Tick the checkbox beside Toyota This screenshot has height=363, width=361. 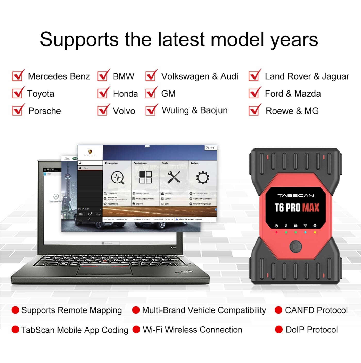18,93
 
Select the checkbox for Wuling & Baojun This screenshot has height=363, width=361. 151,110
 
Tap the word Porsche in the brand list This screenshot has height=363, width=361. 45,111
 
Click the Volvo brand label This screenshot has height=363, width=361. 124,111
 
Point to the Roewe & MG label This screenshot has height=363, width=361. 292,111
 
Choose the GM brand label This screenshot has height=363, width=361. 168,93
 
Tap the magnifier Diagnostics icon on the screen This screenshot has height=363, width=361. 117,178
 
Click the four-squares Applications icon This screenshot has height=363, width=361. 145,177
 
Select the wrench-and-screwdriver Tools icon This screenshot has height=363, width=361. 174,177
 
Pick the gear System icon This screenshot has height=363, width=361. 202,178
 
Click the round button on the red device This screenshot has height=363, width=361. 296,246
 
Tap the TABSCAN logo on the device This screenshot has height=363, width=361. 296,196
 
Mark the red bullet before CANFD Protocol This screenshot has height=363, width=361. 278,310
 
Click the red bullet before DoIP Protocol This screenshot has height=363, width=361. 279,330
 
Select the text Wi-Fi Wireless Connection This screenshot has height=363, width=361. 192,330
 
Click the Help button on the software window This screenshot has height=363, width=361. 210,148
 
